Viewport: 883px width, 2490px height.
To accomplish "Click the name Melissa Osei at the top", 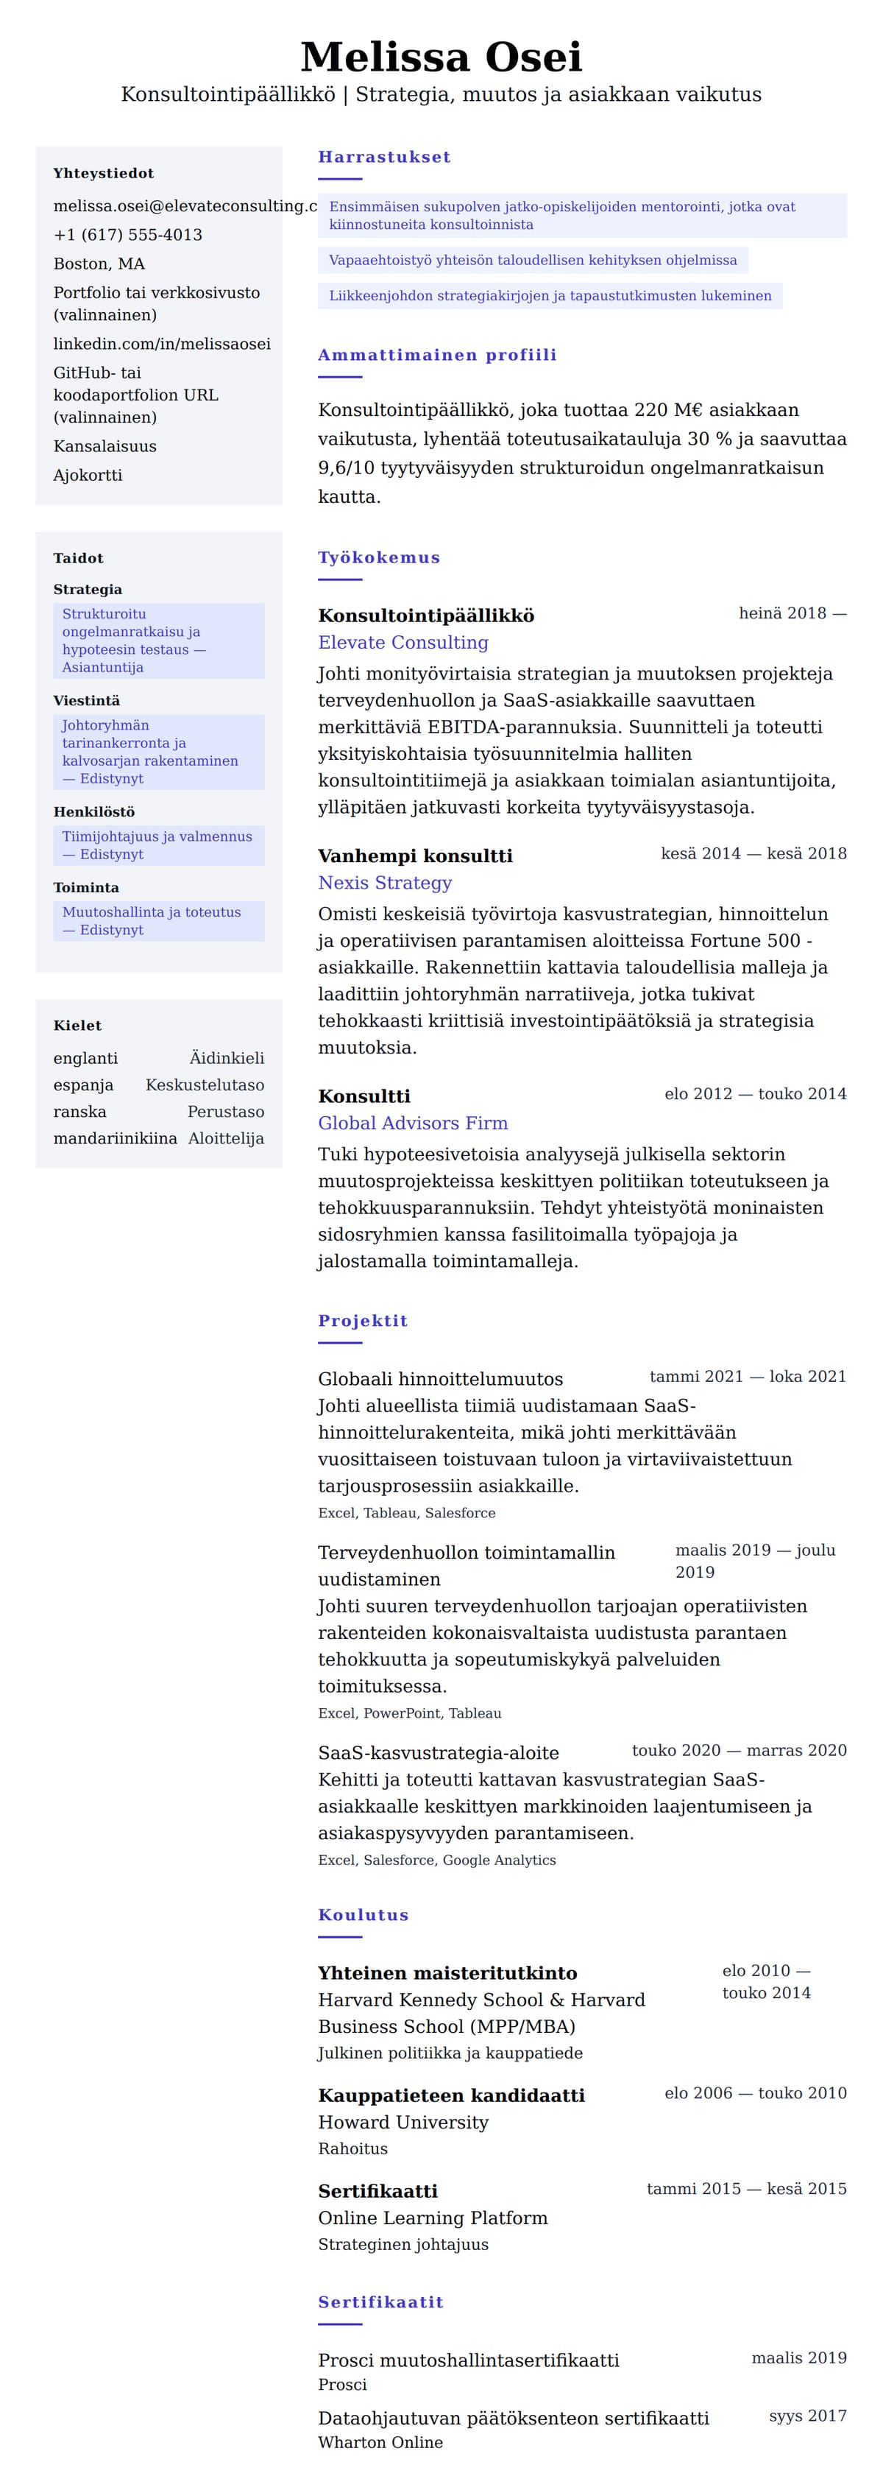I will click(441, 57).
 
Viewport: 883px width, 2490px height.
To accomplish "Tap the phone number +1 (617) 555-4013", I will click(127, 235).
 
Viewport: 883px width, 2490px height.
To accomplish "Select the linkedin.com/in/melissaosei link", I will click(161, 344).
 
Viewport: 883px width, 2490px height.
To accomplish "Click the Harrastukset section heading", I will click(383, 157).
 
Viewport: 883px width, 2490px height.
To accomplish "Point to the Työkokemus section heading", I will click(379, 558).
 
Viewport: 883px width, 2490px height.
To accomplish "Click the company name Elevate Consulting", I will click(403, 643).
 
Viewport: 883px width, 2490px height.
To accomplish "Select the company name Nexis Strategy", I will click(385, 883).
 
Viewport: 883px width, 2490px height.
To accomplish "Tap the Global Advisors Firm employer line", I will click(413, 1124).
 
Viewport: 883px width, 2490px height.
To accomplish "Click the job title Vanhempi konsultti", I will click(416, 856).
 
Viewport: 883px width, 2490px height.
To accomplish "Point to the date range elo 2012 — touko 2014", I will click(754, 1094).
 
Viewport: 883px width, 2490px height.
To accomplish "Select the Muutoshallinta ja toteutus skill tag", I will click(152, 921).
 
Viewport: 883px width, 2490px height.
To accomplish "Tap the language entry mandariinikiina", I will click(115, 1139).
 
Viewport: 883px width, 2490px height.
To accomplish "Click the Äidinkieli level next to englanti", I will click(226, 1059).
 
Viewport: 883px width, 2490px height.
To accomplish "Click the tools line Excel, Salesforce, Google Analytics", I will click(436, 1860).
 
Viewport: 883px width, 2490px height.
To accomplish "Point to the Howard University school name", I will click(403, 2122).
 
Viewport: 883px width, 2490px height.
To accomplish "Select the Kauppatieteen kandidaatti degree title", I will click(451, 2095).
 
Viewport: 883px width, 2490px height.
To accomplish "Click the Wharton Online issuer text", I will click(380, 2443).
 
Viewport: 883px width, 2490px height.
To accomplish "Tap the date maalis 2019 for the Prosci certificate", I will click(799, 2357).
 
